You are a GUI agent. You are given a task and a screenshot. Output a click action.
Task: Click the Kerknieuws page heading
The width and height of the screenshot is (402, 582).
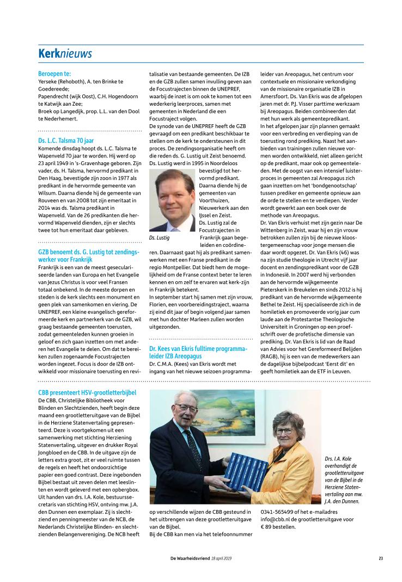click(65, 53)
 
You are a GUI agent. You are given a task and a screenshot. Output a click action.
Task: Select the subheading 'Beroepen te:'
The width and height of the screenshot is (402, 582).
click(54, 74)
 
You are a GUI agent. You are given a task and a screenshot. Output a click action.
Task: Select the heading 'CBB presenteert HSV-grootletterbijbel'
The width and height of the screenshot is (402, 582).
click(87, 392)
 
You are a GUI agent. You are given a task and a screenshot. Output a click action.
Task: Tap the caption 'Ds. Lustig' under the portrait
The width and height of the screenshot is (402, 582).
click(159, 238)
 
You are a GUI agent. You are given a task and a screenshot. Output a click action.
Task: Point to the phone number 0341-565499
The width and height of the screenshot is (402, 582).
click(278, 512)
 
